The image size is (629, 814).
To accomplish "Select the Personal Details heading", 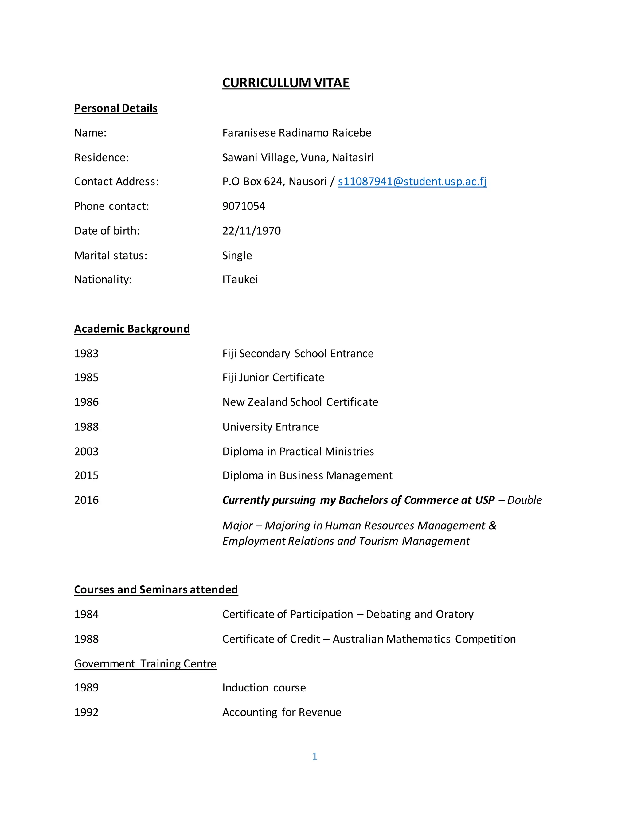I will tap(115, 108).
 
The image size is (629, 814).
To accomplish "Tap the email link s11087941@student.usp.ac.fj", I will tap(412, 182).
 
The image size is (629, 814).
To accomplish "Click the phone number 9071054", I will tap(243, 206).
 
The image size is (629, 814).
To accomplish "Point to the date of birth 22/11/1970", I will tap(251, 231).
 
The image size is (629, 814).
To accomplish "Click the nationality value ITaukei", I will tap(240, 280).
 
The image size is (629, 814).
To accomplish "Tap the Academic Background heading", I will tap(131, 329).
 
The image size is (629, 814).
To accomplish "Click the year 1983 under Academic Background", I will tap(86, 353).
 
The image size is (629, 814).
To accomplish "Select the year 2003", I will tap(86, 451).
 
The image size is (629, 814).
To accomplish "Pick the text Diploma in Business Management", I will tap(307, 475).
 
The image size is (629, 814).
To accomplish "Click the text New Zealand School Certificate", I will tap(300, 402).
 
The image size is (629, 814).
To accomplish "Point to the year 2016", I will tap(86, 500).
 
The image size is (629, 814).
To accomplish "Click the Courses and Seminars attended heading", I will tap(156, 590).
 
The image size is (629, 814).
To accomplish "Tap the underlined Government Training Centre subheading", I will tap(145, 664).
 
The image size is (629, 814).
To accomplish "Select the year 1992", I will tap(86, 712).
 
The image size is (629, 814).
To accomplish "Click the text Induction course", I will tap(264, 688).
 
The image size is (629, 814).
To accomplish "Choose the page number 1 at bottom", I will tap(314, 756).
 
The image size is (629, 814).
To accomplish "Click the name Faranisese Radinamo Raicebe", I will tap(297, 133).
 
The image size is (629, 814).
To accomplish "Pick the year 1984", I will tap(86, 614).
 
